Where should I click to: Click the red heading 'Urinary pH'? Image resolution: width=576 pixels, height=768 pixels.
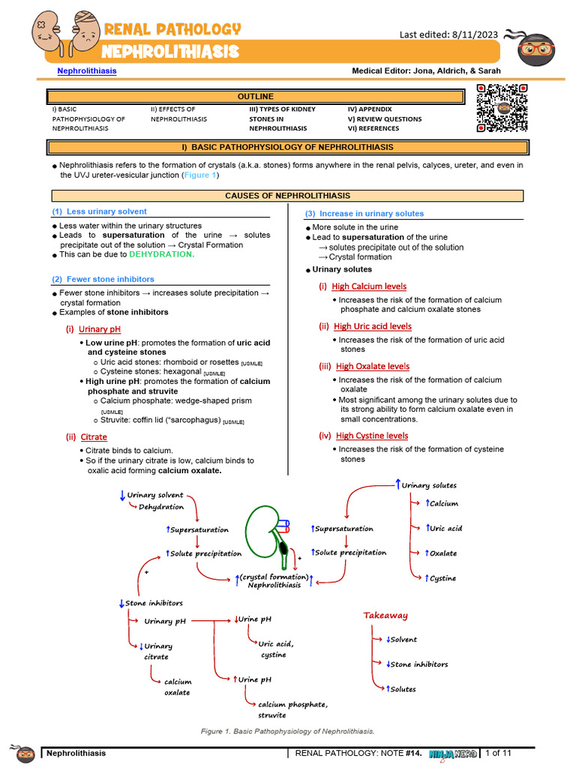[x=100, y=328]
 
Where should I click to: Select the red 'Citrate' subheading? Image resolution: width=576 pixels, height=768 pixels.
[x=94, y=436]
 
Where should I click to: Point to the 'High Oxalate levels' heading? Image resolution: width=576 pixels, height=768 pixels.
[x=373, y=366]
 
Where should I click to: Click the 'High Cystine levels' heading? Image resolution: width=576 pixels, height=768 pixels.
[x=372, y=435]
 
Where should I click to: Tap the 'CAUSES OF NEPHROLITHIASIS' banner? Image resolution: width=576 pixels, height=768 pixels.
[x=288, y=196]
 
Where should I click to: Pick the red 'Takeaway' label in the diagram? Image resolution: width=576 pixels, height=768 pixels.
[x=385, y=615]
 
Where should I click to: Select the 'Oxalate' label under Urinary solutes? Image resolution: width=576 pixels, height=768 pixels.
[x=442, y=553]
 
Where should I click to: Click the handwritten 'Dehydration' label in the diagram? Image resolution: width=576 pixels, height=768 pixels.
[x=161, y=507]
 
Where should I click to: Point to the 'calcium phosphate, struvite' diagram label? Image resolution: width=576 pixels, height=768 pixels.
[x=292, y=709]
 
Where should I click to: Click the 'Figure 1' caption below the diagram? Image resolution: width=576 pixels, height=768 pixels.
[x=288, y=730]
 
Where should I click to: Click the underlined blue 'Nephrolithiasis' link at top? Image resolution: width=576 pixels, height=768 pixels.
[x=87, y=70]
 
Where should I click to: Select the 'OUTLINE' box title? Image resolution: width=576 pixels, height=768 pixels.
[x=256, y=96]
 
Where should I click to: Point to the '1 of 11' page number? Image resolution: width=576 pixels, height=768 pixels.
[x=499, y=752]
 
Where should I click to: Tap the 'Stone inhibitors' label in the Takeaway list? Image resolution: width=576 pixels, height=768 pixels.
[x=418, y=664]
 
